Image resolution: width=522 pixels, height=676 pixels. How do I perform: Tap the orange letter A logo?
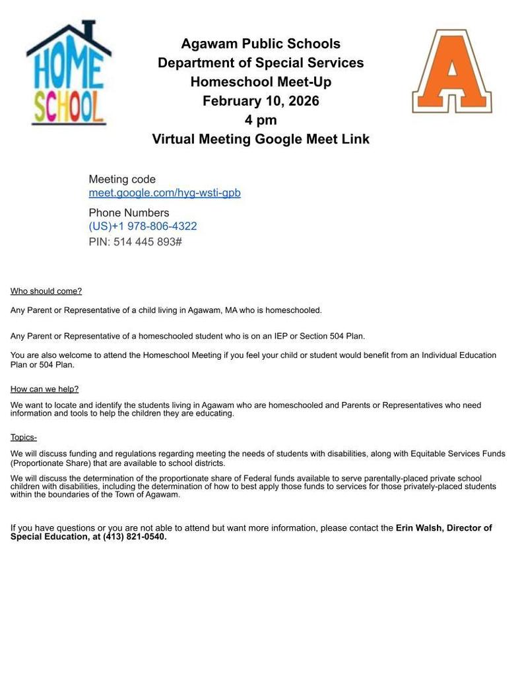click(452, 71)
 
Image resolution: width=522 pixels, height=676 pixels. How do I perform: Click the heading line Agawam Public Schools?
click(261, 44)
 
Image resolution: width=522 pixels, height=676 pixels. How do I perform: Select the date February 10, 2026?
click(261, 101)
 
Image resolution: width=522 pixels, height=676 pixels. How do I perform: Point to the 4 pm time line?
click(261, 120)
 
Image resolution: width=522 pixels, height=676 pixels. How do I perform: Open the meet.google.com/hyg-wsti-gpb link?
click(164, 193)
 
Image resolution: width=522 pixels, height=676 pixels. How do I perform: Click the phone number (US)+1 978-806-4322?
click(143, 226)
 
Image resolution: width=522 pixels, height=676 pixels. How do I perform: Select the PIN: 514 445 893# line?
click(135, 242)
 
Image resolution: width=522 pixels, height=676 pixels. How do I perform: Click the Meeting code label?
click(122, 179)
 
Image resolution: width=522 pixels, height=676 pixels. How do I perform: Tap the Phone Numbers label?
click(129, 213)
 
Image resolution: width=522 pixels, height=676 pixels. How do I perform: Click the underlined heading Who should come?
click(46, 291)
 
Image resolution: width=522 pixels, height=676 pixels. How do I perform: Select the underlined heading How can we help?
click(44, 389)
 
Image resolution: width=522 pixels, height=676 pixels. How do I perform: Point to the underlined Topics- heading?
click(24, 437)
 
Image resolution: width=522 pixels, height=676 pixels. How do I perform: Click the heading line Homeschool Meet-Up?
click(261, 82)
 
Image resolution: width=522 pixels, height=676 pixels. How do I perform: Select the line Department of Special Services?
click(261, 63)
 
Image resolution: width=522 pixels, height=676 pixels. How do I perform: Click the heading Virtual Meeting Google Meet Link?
click(261, 139)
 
